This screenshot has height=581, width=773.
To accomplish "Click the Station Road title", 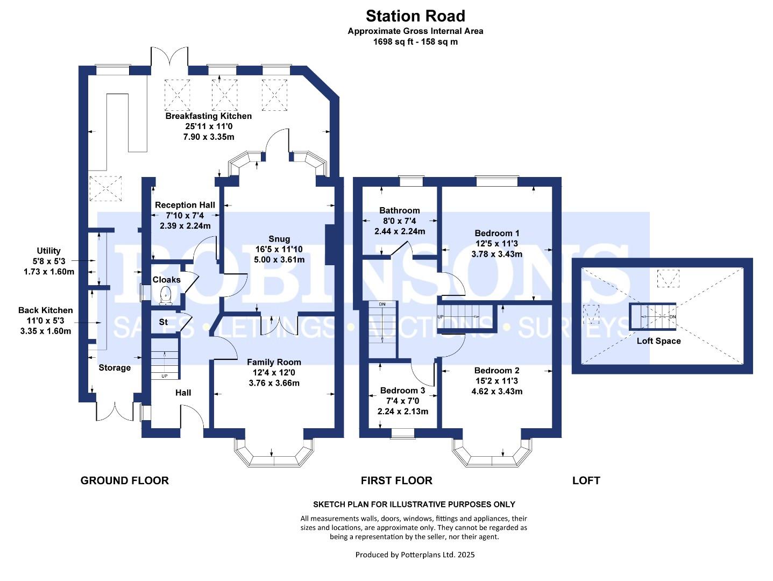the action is coord(415,16).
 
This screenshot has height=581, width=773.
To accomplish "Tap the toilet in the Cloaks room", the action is coord(165,295).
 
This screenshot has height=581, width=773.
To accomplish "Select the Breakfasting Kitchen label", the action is coord(209,116).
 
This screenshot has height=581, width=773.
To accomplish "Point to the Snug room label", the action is coord(279,239).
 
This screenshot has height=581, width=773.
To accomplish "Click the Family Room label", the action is coord(274,362).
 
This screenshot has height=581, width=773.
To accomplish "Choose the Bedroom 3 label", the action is coord(402,391).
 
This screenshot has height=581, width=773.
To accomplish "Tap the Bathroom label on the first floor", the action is coord(400,210).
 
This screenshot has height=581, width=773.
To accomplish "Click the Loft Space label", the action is coord(658,341).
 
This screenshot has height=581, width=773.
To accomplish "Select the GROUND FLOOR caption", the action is coord(125,480).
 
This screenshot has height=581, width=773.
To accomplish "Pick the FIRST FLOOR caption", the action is coord(396,480).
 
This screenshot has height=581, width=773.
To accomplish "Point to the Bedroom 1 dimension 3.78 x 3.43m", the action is coord(497,254).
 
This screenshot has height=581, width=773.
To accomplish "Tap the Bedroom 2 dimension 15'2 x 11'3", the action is coord(497,381).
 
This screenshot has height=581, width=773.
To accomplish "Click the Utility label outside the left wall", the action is coord(48,251).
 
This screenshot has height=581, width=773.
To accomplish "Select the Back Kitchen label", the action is coord(45,310).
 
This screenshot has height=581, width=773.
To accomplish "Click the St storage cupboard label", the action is coord(164,322).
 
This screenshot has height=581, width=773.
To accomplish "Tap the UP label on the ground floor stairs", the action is coord(165,376).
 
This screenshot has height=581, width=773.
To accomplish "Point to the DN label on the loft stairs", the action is coord(672,316).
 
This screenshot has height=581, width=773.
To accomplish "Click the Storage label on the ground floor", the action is coord(115,367).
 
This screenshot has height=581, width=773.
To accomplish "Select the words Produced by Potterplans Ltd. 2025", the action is coord(415,555).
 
